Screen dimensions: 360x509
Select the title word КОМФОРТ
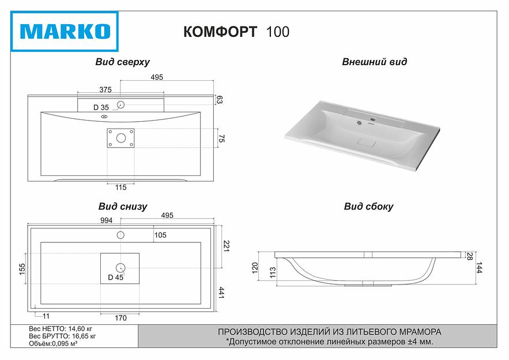(x=220, y=32)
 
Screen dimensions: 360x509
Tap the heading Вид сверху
(x=122, y=62)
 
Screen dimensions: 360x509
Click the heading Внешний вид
(x=374, y=62)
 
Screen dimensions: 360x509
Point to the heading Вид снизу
(x=122, y=206)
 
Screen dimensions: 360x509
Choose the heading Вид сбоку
(x=368, y=207)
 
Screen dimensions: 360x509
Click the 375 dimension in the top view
(x=104, y=89)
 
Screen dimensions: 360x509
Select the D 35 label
(x=101, y=107)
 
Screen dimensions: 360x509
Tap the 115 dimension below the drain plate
(x=120, y=187)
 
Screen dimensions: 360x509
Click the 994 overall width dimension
(x=107, y=220)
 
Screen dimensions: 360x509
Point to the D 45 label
(x=116, y=277)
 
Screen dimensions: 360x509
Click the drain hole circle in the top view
(x=120, y=138)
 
